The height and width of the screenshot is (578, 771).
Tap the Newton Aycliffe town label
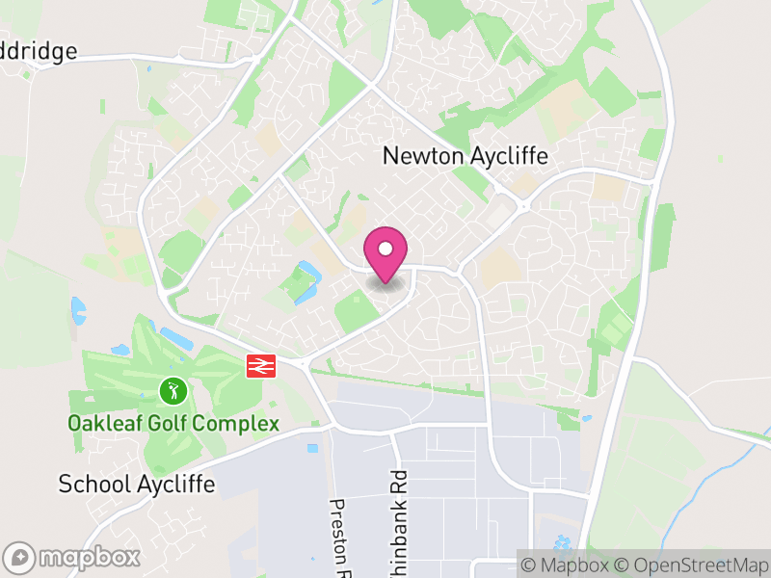465,155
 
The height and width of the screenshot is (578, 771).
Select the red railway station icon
260,366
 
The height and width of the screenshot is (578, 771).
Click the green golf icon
173,390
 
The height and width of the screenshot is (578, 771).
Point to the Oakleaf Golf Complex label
173,423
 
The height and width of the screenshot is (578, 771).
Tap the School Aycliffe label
137,483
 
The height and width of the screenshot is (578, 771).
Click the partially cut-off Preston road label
338,533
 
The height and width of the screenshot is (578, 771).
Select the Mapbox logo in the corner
73,557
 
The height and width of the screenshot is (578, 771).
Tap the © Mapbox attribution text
568,565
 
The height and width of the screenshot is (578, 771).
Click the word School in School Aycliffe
93,483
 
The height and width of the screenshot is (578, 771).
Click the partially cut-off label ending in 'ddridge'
39,51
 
